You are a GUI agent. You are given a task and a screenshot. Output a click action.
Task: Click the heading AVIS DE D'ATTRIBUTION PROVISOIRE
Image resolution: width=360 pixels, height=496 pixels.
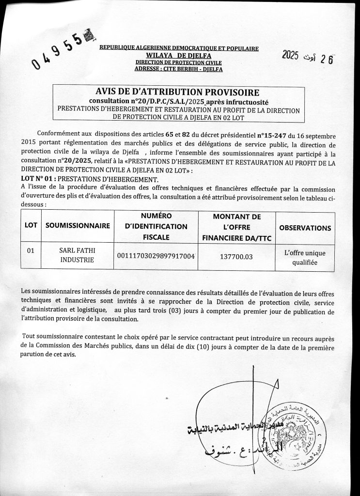pos(178,92)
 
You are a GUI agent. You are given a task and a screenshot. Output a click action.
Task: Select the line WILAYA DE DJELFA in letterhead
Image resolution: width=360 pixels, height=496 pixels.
pos(178,55)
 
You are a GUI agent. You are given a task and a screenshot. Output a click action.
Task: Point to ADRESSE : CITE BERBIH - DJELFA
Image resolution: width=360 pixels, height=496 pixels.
pos(178,69)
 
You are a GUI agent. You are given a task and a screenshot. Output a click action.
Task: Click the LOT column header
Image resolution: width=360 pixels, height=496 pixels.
pos(31,226)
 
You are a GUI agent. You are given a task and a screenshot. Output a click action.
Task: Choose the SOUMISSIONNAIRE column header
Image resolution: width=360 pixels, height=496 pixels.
pos(78,226)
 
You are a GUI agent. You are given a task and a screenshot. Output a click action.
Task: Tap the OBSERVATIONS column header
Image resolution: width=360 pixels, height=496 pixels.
pos(305,228)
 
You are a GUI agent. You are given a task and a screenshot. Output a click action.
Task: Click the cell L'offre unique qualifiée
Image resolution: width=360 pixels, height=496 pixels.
pos(305,257)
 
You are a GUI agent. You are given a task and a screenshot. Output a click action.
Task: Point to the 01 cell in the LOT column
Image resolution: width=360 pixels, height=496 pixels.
pos(31,251)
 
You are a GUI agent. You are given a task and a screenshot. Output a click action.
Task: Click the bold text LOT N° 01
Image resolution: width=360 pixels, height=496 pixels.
pos(37,179)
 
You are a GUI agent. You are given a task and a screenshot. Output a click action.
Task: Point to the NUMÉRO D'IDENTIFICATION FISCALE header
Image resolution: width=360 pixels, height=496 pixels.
pos(156,226)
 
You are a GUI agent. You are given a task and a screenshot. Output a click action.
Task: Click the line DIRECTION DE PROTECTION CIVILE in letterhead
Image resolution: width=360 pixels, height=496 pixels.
pos(178,62)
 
